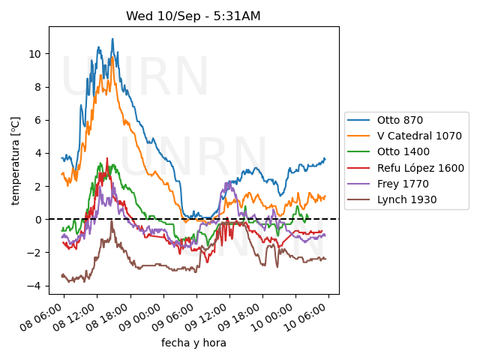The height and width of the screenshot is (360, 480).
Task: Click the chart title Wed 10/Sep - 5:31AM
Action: (193, 16)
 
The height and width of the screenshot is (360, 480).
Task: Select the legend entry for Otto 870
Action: (398, 120)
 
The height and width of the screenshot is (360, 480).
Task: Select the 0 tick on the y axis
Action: (40, 220)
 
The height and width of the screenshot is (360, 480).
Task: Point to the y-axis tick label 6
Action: (40, 120)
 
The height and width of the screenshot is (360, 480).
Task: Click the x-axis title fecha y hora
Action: (193, 343)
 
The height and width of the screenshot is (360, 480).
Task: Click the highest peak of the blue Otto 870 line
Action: (112, 39)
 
